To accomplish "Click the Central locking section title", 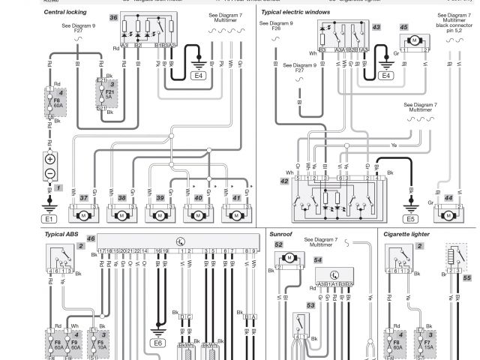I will [x=65, y=13].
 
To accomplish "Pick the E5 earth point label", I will [x=410, y=219].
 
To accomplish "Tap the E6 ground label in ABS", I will [x=157, y=342].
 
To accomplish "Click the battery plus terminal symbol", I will [x=49, y=160].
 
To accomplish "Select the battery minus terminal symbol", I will [x=49, y=173].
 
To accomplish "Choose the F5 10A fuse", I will [x=100, y=347].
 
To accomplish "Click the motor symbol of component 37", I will [x=82, y=216].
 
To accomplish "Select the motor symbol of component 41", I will [x=235, y=216].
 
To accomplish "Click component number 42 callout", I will [x=284, y=181].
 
